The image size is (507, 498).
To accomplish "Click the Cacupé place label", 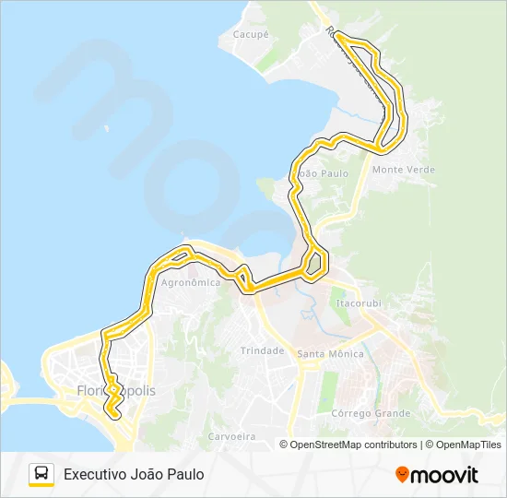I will pyautogui.click(x=250, y=34).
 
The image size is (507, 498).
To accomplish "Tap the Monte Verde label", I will pyautogui.click(x=403, y=170).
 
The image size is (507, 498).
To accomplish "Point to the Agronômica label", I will pyautogui.click(x=191, y=283).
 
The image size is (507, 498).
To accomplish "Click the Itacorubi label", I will pyautogui.click(x=358, y=302).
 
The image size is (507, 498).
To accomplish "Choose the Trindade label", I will pyautogui.click(x=262, y=350).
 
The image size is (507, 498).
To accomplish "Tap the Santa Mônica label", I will pyautogui.click(x=330, y=353).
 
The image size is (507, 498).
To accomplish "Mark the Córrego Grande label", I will pyautogui.click(x=371, y=413).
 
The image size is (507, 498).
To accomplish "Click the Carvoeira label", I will pyautogui.click(x=230, y=435).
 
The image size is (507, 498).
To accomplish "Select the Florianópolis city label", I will pyautogui.click(x=117, y=390).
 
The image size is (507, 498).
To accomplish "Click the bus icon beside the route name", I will pyautogui.click(x=41, y=474).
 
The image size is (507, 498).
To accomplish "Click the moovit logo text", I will pyautogui.click(x=444, y=475).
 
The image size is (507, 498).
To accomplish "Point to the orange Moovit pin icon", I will pyautogui.click(x=402, y=475).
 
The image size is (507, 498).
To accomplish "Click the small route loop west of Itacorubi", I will pyautogui.click(x=314, y=264).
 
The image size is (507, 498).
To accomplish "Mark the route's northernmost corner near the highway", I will pyautogui.click(x=337, y=35).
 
